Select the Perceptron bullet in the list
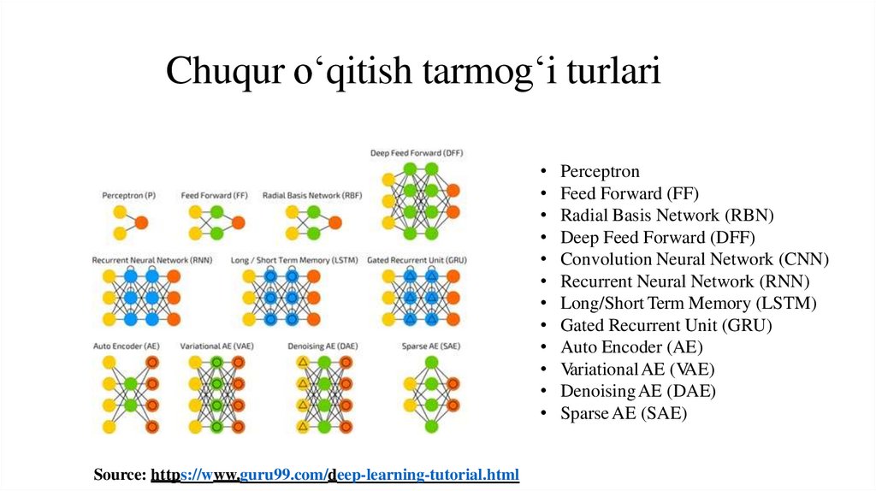tap(600, 171)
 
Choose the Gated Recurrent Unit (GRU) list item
tap(666, 325)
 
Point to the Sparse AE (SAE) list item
tap(624, 413)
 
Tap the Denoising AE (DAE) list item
tap(638, 391)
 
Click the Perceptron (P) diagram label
tap(129, 196)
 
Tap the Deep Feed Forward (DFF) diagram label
tap(417, 154)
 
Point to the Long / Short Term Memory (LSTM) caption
tap(294, 259)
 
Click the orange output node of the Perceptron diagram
tap(142, 222)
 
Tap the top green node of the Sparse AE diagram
tap(431, 363)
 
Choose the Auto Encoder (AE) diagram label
tap(127, 346)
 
